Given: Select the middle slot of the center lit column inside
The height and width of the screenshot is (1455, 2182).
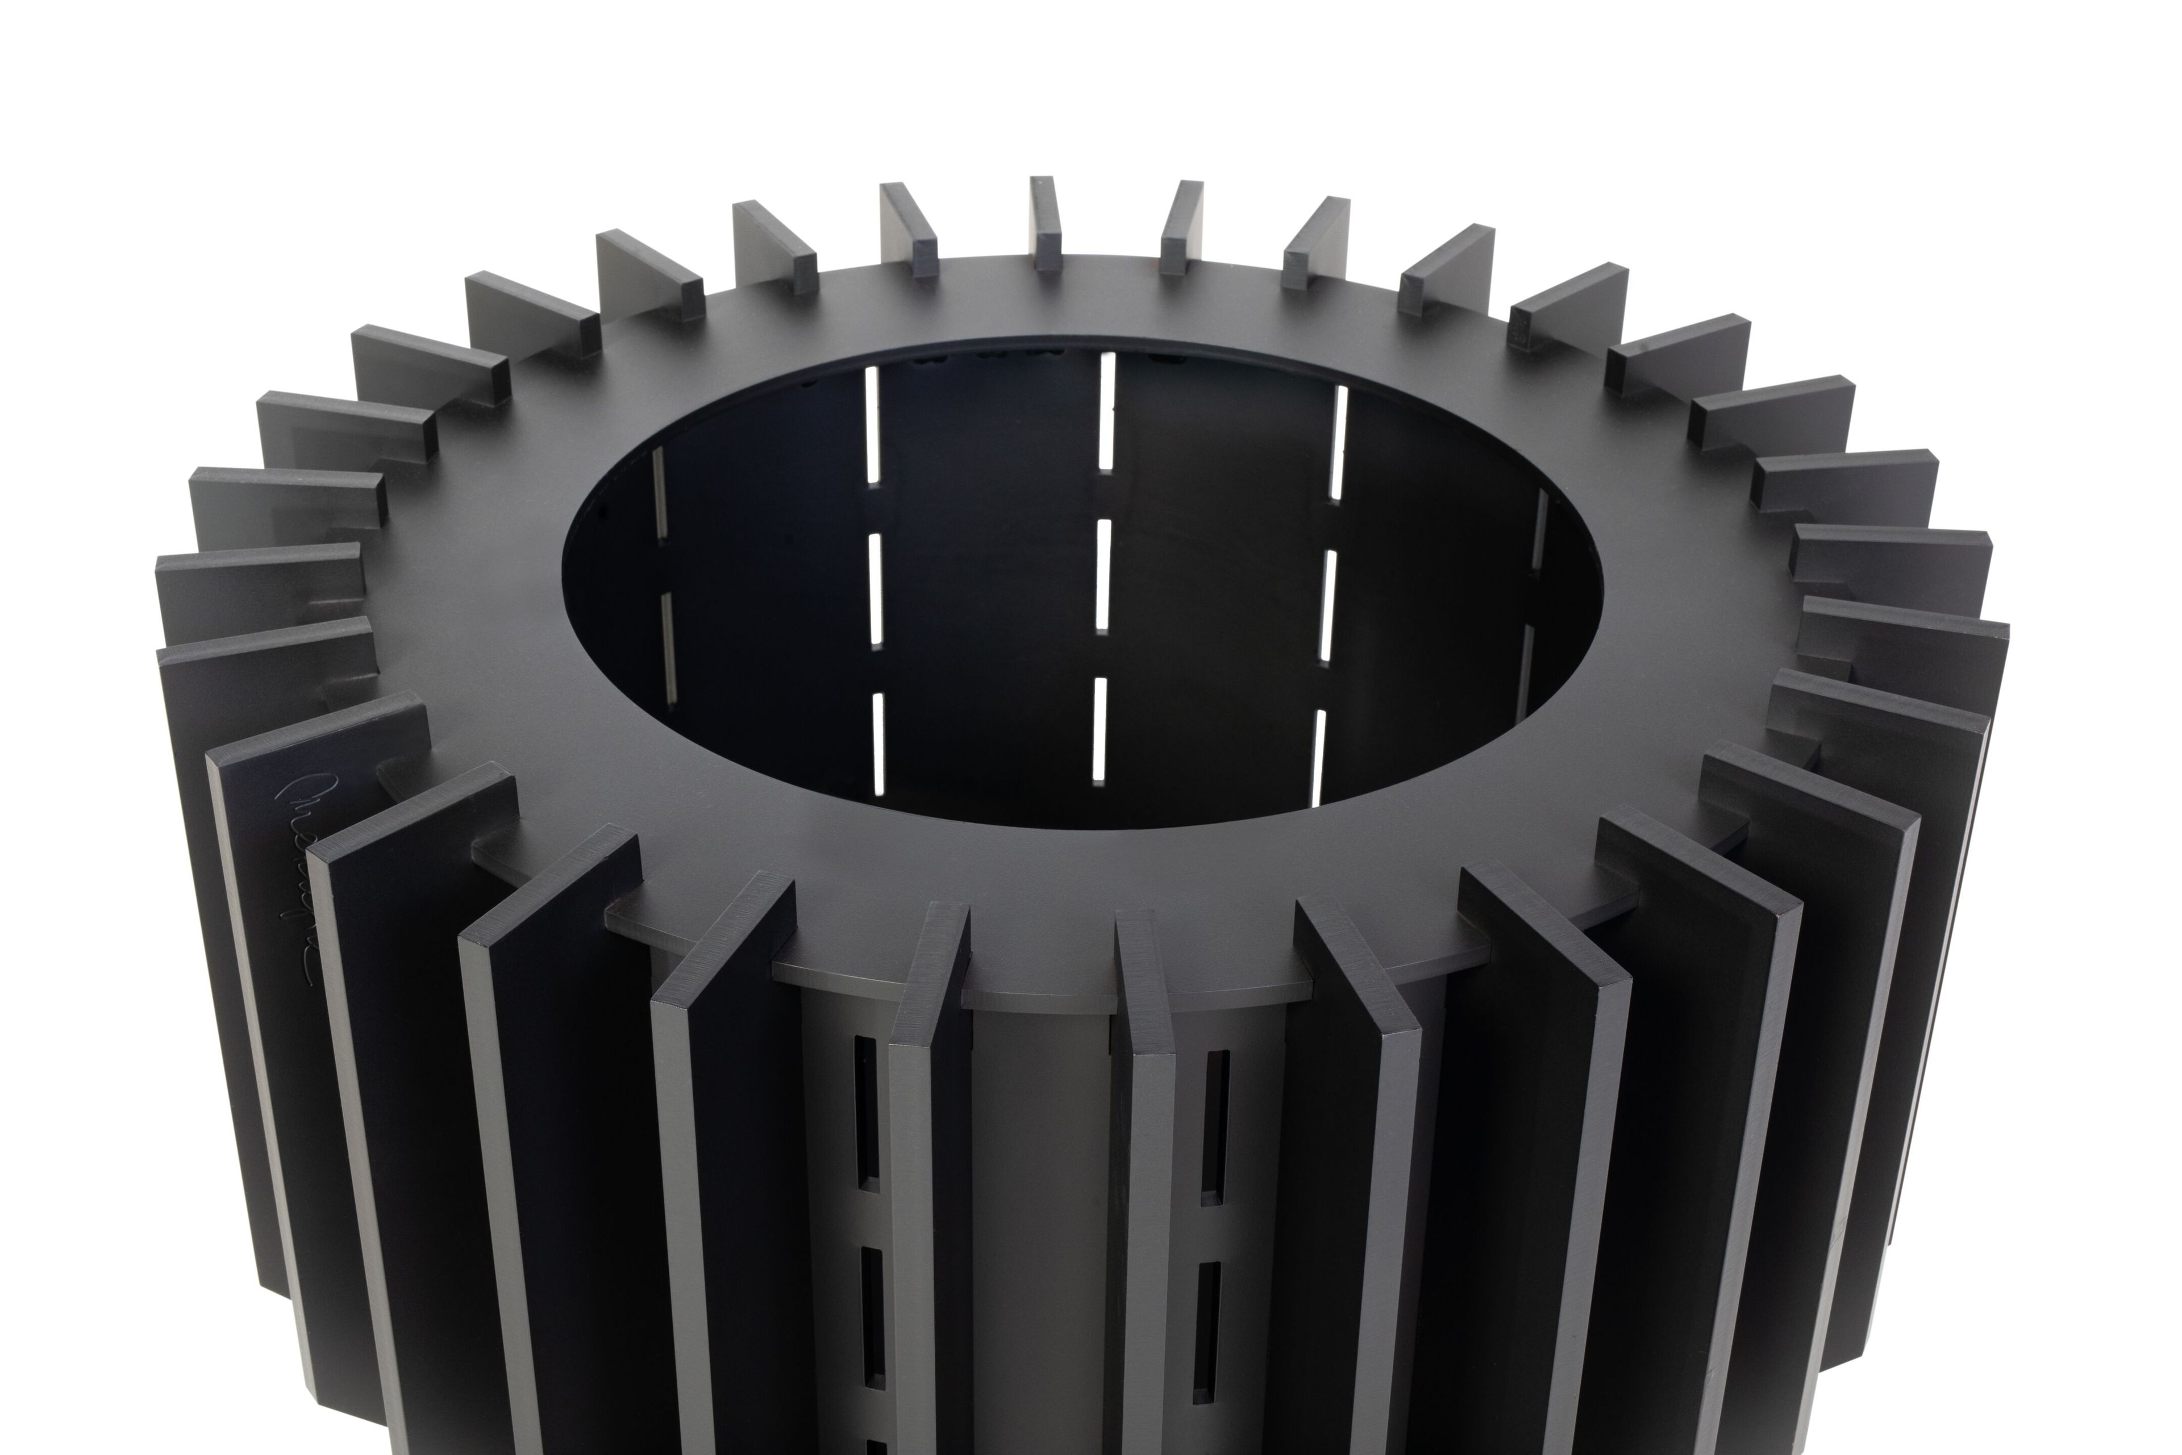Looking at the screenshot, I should (x=1103, y=575).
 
